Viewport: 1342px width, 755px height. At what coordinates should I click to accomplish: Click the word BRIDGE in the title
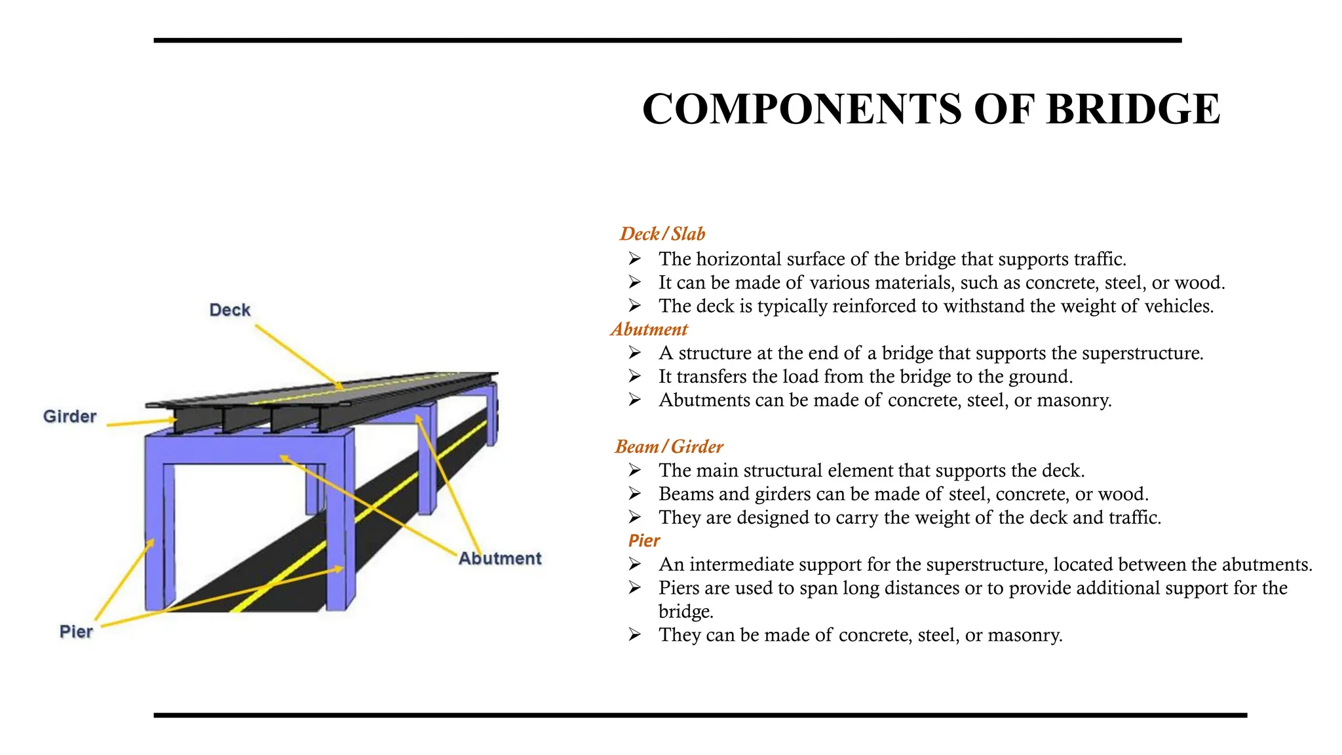coord(1133,109)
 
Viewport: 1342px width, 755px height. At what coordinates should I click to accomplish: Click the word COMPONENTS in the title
coord(800,109)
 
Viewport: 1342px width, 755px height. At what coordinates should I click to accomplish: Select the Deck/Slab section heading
coord(662,234)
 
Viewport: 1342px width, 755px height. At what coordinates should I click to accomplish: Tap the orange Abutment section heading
coord(649,329)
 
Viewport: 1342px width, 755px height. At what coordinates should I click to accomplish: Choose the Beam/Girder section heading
coord(668,447)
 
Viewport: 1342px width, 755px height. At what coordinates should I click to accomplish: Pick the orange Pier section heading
coord(643,541)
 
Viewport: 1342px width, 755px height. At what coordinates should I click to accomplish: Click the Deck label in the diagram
coord(229,310)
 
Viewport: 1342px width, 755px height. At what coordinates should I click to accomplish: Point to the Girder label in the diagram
coord(69,416)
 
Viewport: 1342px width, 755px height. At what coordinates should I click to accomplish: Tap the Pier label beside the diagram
coord(76,632)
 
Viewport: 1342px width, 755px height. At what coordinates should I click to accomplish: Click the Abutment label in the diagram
coord(500,558)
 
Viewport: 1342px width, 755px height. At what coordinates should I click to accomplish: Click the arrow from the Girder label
coord(141,422)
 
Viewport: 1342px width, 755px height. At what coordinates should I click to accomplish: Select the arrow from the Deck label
coord(298,357)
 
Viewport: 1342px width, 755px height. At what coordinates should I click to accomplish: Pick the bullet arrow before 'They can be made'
coord(634,634)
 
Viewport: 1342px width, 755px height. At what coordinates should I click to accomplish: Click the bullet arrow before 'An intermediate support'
coord(634,564)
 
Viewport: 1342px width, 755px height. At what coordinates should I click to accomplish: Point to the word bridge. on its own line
coord(685,611)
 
